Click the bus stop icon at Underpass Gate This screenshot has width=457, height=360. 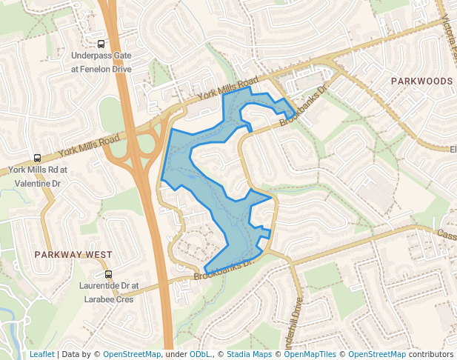(101, 43)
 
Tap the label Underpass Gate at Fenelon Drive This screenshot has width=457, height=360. (101, 61)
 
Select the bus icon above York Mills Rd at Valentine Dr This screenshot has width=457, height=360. (37, 158)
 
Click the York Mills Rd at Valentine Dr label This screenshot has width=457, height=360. (37, 176)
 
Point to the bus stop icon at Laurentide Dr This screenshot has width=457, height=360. (109, 275)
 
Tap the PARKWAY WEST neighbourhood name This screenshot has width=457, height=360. (73, 254)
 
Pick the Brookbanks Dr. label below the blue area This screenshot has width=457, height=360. (224, 269)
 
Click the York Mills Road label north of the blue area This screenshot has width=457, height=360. (227, 89)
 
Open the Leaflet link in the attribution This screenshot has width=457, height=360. (41, 354)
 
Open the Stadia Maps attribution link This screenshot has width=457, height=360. (248, 354)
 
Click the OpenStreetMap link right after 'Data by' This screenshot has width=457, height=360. (132, 354)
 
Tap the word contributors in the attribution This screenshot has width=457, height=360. (431, 354)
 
